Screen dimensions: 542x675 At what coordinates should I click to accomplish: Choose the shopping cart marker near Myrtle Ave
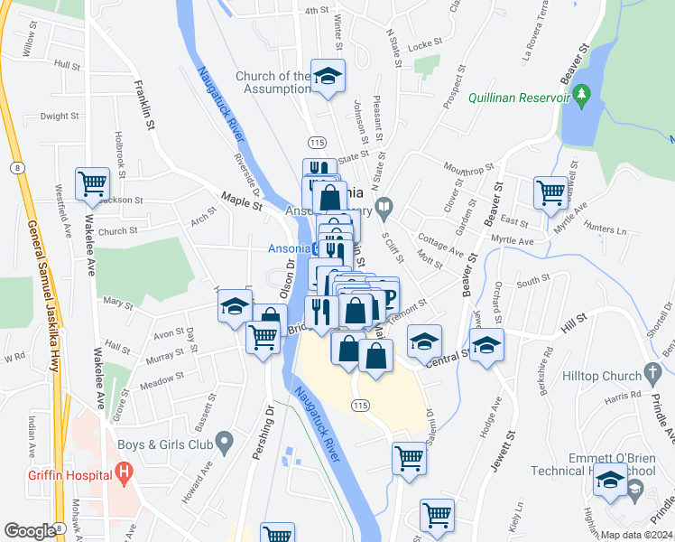[x=550, y=192]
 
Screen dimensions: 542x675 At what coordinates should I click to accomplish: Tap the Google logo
[x=31, y=531]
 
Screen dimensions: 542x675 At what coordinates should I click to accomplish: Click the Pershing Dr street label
[x=263, y=434]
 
